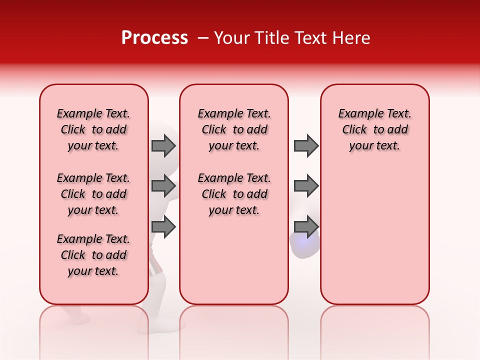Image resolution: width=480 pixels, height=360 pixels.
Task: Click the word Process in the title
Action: pos(154,38)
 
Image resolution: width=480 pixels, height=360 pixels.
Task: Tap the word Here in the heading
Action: pos(351,38)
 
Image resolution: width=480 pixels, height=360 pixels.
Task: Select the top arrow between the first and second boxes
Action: pos(163,146)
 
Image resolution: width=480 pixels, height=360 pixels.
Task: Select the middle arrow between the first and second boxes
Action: pos(163,186)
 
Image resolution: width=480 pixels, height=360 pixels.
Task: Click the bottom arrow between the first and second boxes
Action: pos(163,227)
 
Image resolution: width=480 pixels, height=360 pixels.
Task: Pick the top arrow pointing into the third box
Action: pos(306,146)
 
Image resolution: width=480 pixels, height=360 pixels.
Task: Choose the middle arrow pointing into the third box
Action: pos(306,186)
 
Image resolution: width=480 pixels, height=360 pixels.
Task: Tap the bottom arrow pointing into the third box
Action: pos(306,227)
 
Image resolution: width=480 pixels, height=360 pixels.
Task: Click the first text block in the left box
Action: pos(93,129)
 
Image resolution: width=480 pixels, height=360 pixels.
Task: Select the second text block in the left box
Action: pos(93,194)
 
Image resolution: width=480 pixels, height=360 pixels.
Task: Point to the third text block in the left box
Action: pos(93,255)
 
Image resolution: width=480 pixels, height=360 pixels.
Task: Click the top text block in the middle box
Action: pos(234,129)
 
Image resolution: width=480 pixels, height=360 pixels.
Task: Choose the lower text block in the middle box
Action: pos(234,194)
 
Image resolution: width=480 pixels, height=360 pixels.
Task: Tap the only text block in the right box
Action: pos(375,129)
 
